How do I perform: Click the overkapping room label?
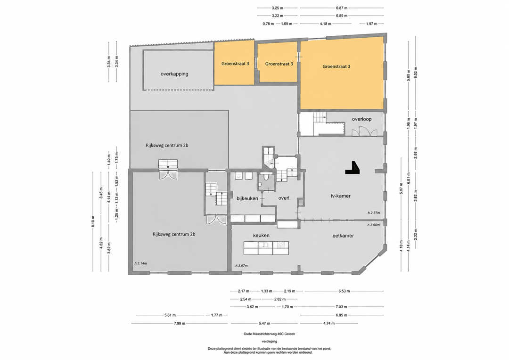174,74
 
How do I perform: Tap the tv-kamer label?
341,196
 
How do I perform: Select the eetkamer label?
343,236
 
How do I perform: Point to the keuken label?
261,235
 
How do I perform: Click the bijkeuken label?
247,198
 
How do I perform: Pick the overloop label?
361,119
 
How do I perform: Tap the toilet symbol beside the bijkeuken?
266,177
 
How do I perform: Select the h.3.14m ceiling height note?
140,263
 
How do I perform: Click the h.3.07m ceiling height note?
241,266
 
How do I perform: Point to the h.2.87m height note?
374,213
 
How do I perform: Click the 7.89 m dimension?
180,323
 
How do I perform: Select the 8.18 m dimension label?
93,221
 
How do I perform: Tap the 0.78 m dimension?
268,24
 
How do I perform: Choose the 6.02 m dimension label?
416,73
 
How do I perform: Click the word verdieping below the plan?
270,342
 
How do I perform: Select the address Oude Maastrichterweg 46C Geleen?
270,334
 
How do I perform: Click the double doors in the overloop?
364,131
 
